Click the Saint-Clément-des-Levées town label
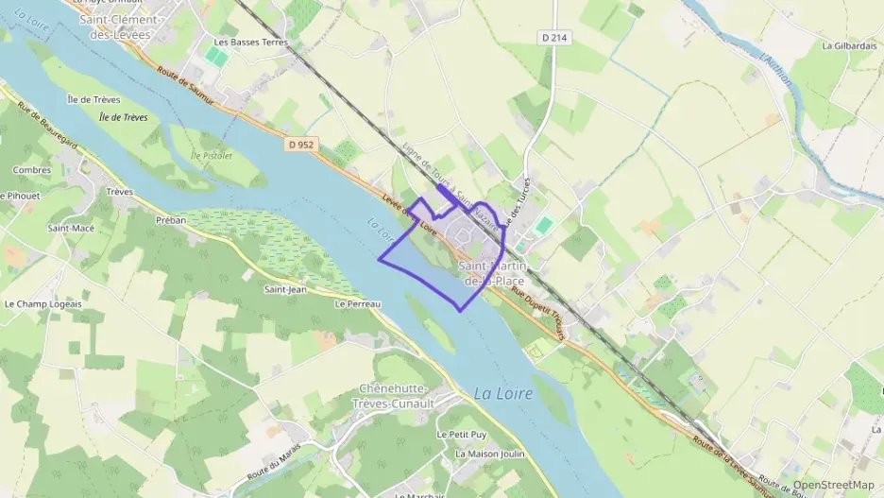[x=120, y=26]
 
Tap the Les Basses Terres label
[x=250, y=43]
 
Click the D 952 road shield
[x=301, y=145]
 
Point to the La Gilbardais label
[x=850, y=45]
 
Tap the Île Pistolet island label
[x=211, y=154]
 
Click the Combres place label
[x=31, y=170]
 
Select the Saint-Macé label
[x=71, y=229]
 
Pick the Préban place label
[x=172, y=220]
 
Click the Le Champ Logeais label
[x=43, y=304]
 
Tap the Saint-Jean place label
[x=283, y=289]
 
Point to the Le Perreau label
[x=357, y=304]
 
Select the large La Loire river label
[x=502, y=393]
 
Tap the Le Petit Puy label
[x=461, y=434]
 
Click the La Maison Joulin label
[x=489, y=454]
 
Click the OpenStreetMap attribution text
[x=833, y=485]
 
